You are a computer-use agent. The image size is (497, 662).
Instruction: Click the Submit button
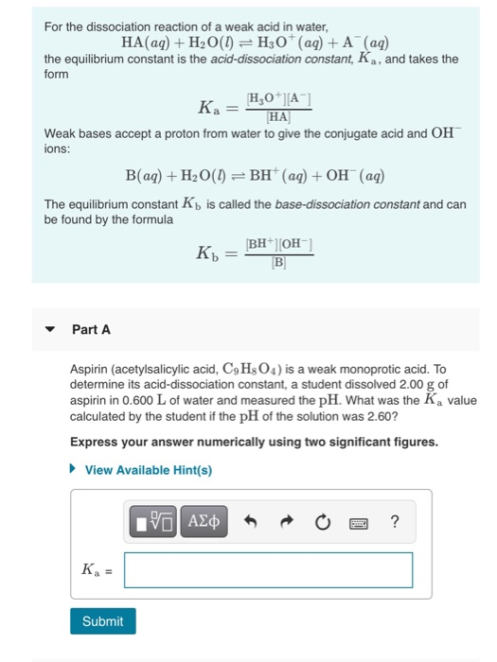tap(102, 620)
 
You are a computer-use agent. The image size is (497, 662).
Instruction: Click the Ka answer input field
tap(268, 569)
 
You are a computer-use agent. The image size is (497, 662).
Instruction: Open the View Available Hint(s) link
tap(149, 469)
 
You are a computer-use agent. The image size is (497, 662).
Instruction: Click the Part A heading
tap(91, 329)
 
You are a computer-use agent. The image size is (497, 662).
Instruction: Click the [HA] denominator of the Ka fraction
tap(279, 118)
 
